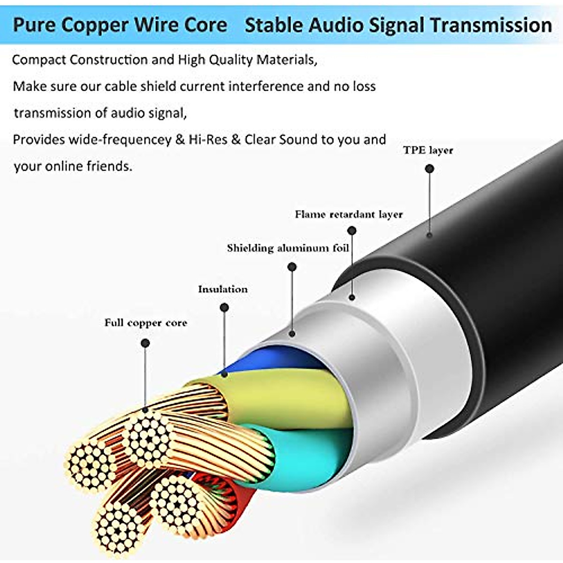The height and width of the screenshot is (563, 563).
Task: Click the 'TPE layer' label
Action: point(428,151)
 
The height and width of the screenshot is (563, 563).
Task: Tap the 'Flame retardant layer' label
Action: point(349,215)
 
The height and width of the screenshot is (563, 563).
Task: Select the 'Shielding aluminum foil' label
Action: point(288,248)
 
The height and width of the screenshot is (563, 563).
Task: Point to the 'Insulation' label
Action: point(222,289)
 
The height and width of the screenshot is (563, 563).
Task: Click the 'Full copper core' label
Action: point(145,323)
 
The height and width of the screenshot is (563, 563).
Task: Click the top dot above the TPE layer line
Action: point(429,168)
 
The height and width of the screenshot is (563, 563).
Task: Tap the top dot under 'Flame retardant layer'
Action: point(352,230)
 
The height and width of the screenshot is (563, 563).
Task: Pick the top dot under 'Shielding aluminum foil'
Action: point(292,267)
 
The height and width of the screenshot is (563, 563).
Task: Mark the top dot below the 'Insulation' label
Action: point(224,308)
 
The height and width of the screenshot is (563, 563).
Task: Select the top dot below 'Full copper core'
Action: point(145,343)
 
